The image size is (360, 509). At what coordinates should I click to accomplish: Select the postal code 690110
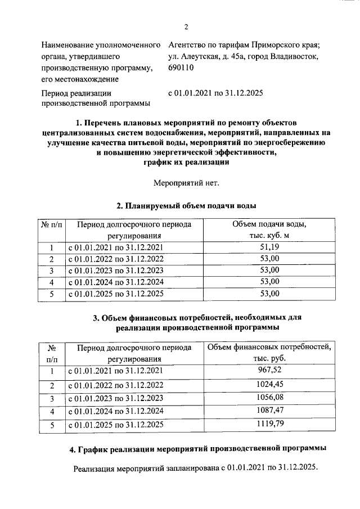pyautogui.click(x=181, y=68)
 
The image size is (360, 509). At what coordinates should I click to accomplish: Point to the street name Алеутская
pyautogui.click(x=201, y=56)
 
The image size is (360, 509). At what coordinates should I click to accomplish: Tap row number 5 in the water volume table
pyautogui.click(x=51, y=294)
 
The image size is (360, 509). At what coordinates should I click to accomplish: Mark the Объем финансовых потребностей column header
pyautogui.click(x=269, y=353)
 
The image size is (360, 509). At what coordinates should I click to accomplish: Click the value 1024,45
pyautogui.click(x=269, y=385)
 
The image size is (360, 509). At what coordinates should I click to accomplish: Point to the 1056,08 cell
pyautogui.click(x=269, y=399)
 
